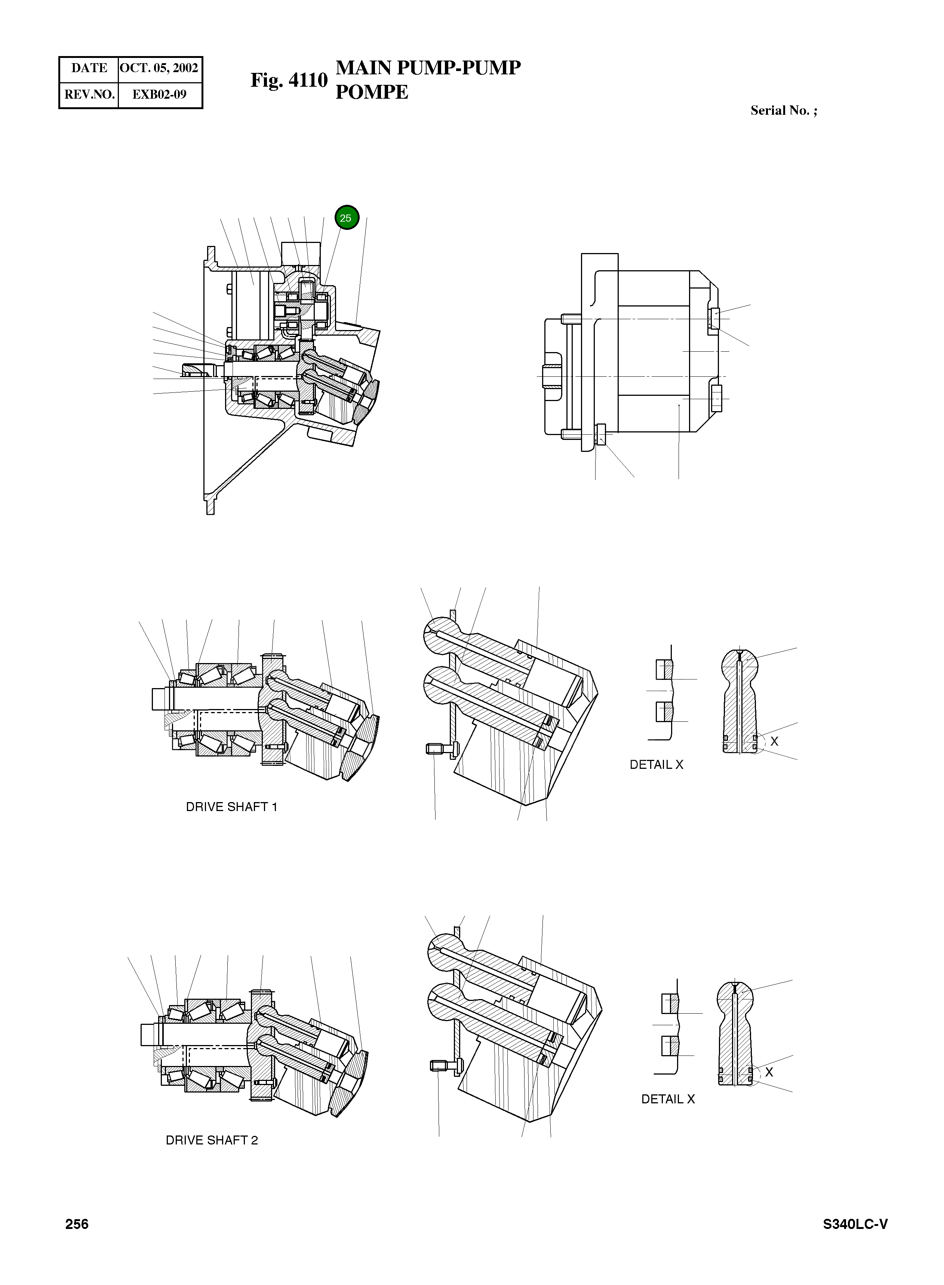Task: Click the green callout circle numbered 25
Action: tap(346, 218)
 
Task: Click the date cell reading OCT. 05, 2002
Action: tap(159, 68)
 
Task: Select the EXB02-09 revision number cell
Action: tap(159, 94)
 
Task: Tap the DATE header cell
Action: tap(89, 68)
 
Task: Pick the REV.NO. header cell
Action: tap(89, 94)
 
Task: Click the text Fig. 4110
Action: tap(289, 80)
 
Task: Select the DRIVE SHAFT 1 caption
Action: tap(231, 807)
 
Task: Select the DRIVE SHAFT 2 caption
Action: tap(212, 1140)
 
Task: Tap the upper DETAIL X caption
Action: tap(656, 765)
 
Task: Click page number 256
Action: tap(77, 1224)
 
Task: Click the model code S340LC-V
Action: tap(855, 1224)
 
